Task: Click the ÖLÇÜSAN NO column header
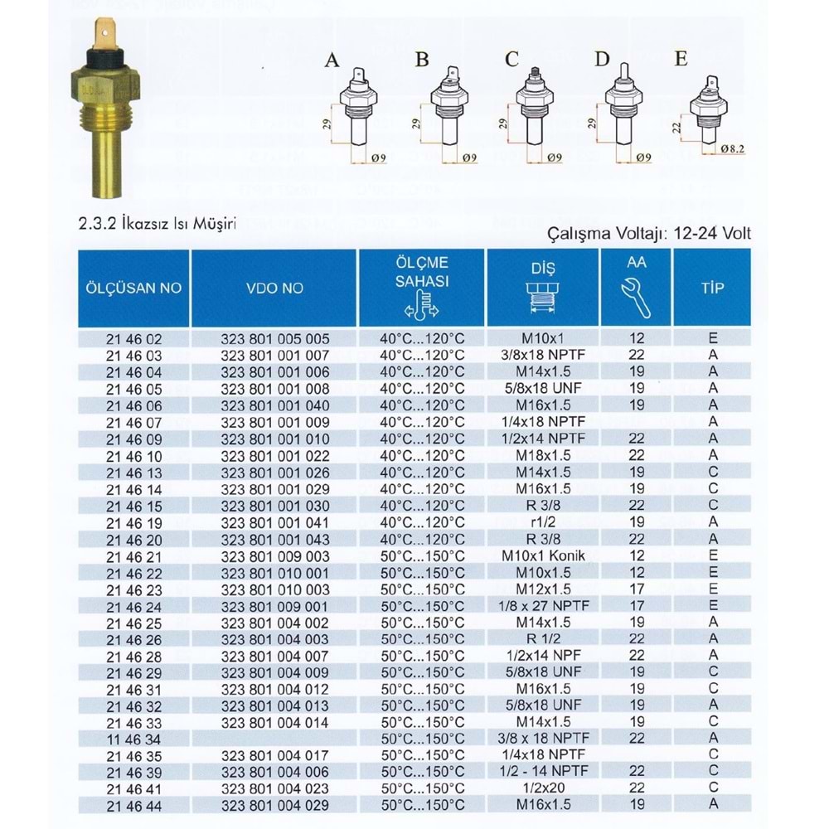133,288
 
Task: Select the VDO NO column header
274,288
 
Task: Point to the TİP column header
712,288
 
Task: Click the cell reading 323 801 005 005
274,339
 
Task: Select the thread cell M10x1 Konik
543,555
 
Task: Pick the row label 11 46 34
133,739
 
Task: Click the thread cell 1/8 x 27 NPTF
543,605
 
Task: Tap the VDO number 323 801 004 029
274,805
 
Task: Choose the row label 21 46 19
133,522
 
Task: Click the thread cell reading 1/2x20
543,788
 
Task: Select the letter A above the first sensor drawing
332,61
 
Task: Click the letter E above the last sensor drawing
681,60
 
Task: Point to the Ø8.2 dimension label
733,148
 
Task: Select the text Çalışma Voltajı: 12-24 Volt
650,233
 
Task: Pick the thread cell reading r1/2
543,522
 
